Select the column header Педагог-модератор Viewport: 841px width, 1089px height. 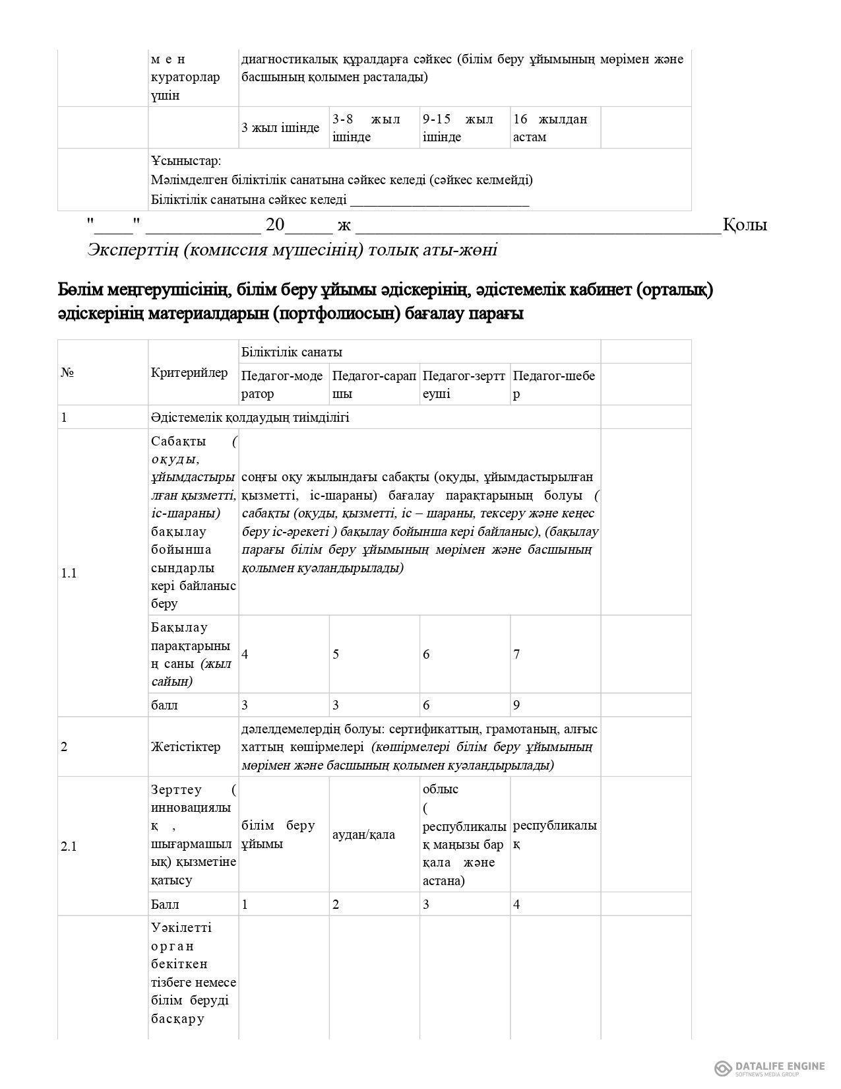[x=282, y=385]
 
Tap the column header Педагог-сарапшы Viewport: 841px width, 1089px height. [x=373, y=385]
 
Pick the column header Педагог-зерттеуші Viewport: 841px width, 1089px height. [x=464, y=385]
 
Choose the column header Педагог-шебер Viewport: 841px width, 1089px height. [x=553, y=385]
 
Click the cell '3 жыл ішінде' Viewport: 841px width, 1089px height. [x=280, y=128]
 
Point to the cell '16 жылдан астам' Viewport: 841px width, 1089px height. [x=549, y=128]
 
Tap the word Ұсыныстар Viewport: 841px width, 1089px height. [x=186, y=161]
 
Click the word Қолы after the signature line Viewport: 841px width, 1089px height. [x=745, y=225]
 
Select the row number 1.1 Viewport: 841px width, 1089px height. [x=69, y=573]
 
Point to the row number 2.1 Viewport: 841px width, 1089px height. [x=69, y=846]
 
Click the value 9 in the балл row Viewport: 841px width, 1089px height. [x=516, y=705]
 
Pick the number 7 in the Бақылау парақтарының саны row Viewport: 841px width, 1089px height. [x=516, y=654]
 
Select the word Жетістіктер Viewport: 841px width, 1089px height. [x=185, y=747]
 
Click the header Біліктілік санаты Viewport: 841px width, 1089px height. [x=292, y=352]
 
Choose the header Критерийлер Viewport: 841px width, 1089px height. [x=189, y=372]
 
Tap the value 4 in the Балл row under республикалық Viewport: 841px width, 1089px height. [x=516, y=904]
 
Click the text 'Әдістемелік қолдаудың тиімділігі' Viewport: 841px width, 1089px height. [x=250, y=417]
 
